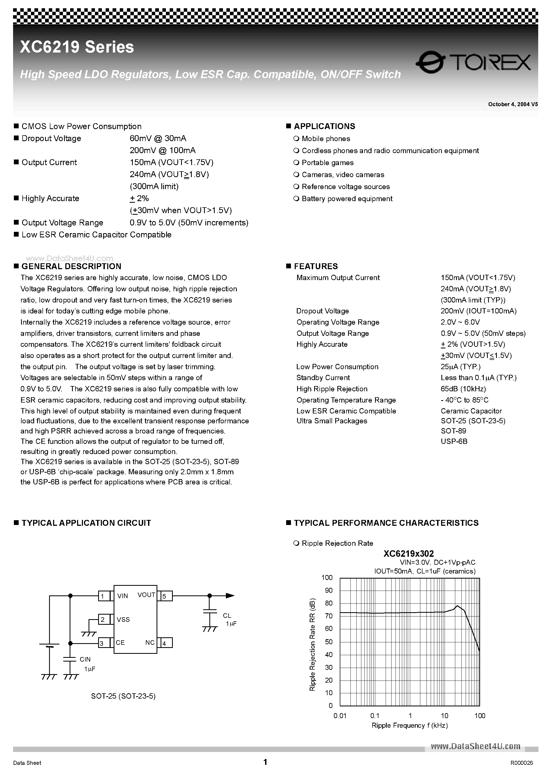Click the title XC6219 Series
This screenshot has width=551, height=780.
pyautogui.click(x=77, y=47)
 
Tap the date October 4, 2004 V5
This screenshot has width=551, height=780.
pyautogui.click(x=513, y=104)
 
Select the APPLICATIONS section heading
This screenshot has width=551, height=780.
pyautogui.click(x=324, y=126)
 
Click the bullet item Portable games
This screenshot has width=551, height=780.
pyautogui.click(x=327, y=163)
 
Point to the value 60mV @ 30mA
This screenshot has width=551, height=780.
pyautogui.click(x=158, y=138)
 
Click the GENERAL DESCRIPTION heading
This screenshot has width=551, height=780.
pyautogui.click(x=71, y=266)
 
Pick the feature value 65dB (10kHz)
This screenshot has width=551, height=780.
pyautogui.click(x=463, y=389)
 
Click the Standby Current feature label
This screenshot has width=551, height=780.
pyautogui.click(x=323, y=377)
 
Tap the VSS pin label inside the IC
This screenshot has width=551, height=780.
pyautogui.click(x=123, y=620)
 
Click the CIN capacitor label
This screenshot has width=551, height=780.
pyautogui.click(x=85, y=659)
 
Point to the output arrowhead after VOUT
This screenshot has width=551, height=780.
pyautogui.click(x=230, y=595)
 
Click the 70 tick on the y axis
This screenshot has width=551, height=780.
pyautogui.click(x=329, y=616)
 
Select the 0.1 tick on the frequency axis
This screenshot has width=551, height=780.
pyautogui.click(x=375, y=716)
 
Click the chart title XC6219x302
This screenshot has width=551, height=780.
pyautogui.click(x=409, y=554)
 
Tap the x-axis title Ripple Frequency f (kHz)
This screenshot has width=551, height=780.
pyautogui.click(x=409, y=726)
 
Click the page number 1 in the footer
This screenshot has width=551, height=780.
pyautogui.click(x=265, y=762)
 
